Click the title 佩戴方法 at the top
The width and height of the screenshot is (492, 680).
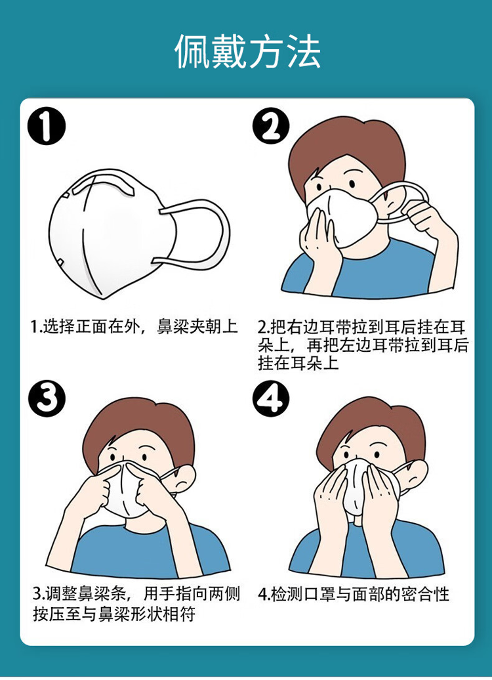point(247,52)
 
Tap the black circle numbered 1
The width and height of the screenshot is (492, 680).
point(47,127)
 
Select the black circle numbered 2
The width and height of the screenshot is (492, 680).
point(272,126)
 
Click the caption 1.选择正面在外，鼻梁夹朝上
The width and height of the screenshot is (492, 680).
point(134,327)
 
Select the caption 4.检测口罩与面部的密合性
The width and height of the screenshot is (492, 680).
point(354,594)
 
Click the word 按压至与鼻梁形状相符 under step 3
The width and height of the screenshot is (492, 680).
point(114,614)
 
